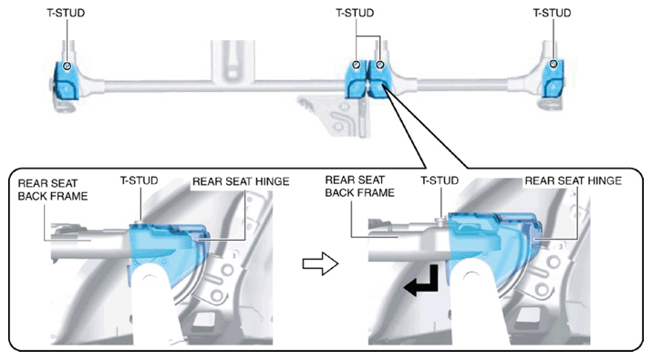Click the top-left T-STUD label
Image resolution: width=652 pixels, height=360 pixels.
click(66, 13)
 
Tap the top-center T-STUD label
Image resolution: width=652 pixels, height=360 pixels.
click(355, 13)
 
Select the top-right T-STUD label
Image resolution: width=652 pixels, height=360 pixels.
click(553, 13)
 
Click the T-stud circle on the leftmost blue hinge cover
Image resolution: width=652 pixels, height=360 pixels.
click(67, 66)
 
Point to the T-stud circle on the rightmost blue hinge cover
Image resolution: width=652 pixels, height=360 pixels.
click(553, 64)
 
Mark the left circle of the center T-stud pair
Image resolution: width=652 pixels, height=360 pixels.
click(357, 65)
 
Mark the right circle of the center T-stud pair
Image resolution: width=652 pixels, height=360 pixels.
click(379, 65)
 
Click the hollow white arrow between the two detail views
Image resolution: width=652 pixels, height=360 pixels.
click(320, 263)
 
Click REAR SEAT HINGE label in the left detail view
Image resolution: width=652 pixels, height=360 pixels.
click(241, 181)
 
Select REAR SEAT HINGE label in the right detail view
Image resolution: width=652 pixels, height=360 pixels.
click(573, 180)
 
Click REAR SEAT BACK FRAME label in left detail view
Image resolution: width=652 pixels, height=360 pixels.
click(53, 190)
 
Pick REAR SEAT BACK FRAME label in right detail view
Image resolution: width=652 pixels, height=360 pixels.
click(359, 186)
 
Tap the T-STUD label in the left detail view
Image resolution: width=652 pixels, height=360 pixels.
click(140, 180)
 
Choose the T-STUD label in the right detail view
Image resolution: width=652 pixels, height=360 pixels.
click(440, 180)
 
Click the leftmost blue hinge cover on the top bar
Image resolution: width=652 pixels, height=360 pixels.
click(67, 80)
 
